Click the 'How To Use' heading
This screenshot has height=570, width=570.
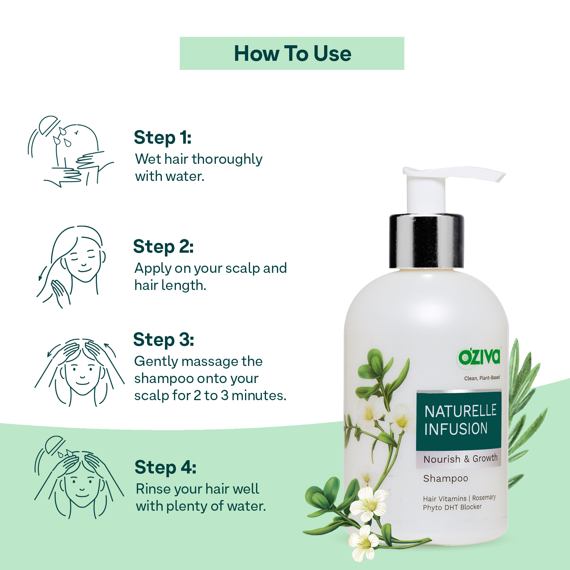(292, 53)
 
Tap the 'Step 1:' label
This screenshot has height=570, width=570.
(162, 138)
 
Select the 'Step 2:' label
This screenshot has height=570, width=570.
(163, 247)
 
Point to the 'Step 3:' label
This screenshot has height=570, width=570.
(163, 340)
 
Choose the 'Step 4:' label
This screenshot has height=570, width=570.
(165, 467)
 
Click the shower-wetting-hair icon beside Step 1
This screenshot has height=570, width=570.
(71, 152)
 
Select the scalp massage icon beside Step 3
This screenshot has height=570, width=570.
(79, 372)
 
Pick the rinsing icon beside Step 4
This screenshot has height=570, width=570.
(79, 478)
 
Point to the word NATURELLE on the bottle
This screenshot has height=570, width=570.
(460, 411)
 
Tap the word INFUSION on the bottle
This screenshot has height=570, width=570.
(456, 429)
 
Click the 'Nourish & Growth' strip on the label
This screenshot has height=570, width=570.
(459, 459)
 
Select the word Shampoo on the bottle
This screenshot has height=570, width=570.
(446, 479)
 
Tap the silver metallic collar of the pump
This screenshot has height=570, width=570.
(426, 241)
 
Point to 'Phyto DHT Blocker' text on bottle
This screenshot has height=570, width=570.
(452, 507)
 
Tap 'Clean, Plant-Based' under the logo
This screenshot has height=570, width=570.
(482, 378)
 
